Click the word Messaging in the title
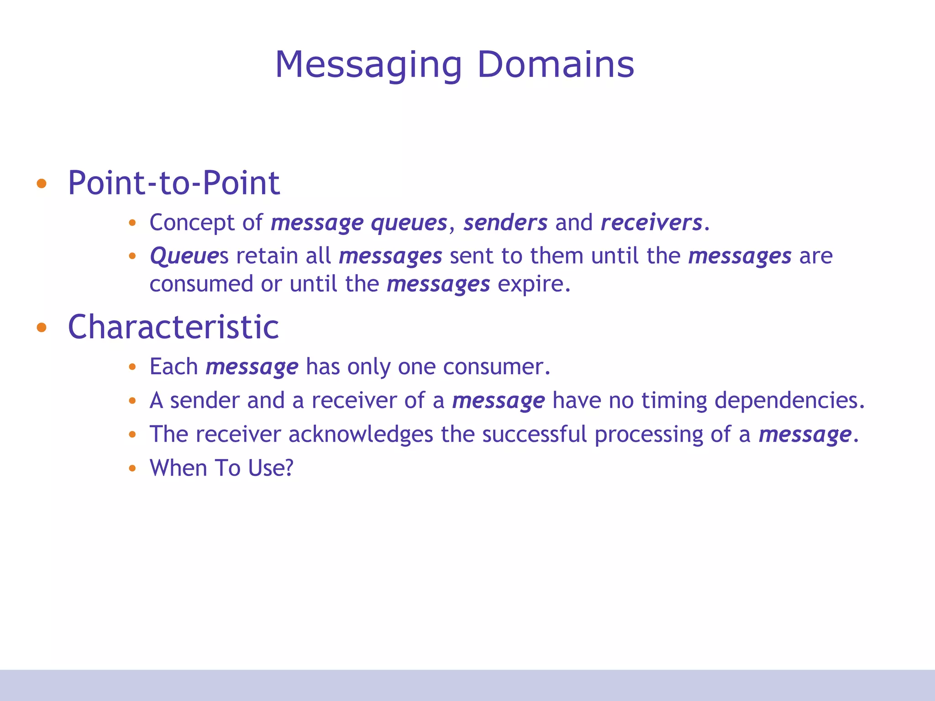(x=368, y=65)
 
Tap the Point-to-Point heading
(x=173, y=183)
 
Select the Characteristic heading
(x=173, y=327)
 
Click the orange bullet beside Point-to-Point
(x=42, y=184)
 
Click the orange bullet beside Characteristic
(x=42, y=328)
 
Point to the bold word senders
(x=505, y=223)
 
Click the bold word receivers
(x=651, y=223)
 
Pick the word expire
(x=533, y=284)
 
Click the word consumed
(x=201, y=284)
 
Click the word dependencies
(x=788, y=401)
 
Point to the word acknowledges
(x=361, y=434)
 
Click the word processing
(x=648, y=434)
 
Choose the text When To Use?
(x=221, y=468)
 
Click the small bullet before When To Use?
(x=132, y=468)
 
